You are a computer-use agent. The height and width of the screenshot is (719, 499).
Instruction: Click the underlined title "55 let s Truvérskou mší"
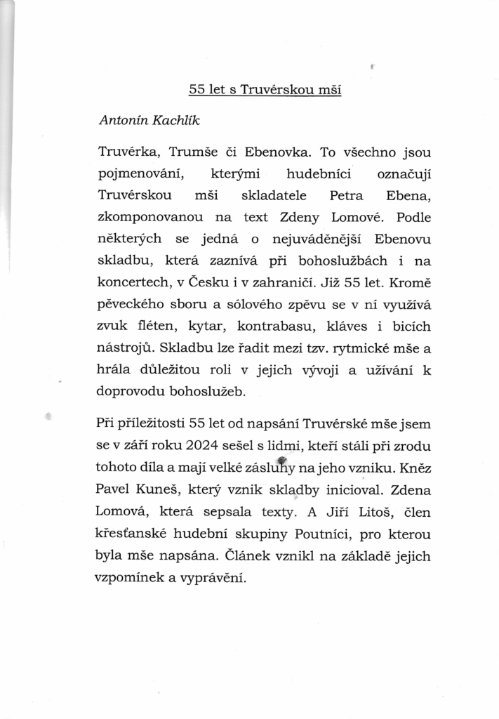click(x=265, y=90)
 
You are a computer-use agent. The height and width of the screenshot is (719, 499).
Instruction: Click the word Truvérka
click(x=126, y=151)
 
